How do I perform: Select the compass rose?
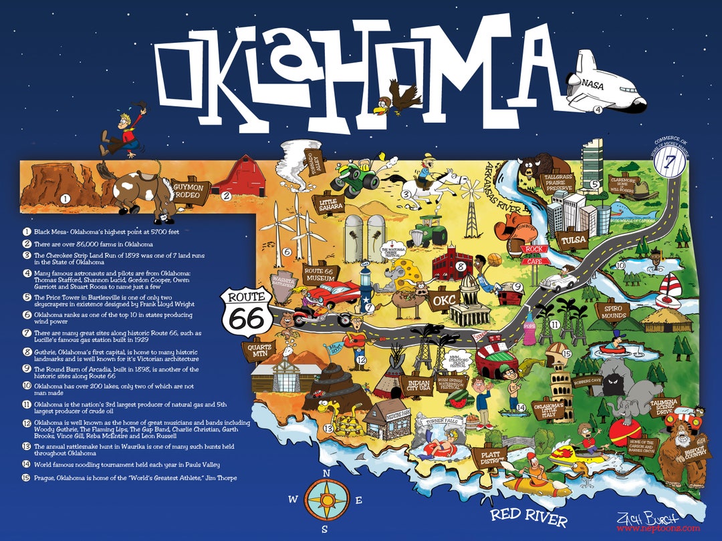327,500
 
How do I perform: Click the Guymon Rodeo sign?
191,190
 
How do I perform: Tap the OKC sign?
442,300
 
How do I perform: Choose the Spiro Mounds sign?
613,313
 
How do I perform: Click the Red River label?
528,516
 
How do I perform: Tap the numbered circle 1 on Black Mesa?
65,198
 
